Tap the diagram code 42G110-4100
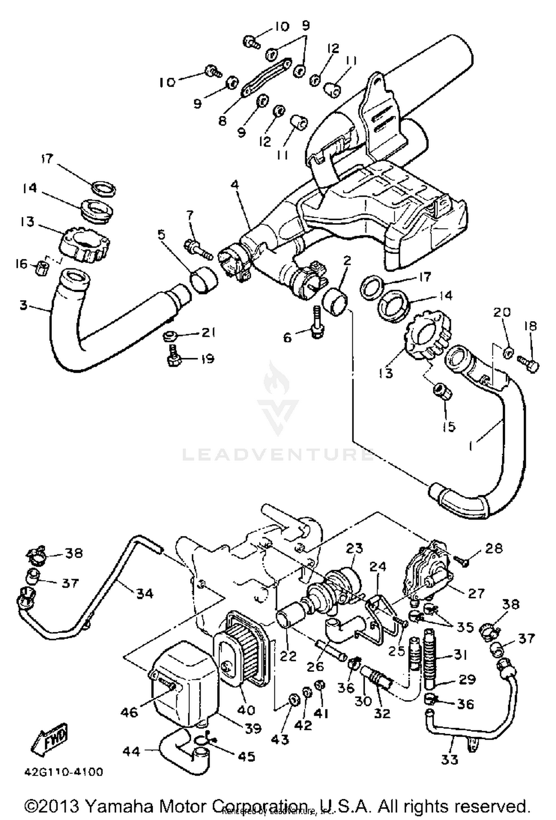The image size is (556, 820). [x=64, y=772]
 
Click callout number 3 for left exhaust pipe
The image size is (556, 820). [x=23, y=306]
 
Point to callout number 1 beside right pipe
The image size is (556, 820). [x=470, y=446]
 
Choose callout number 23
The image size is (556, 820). [x=354, y=549]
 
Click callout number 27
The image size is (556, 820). [x=476, y=594]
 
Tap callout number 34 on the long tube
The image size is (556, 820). [x=145, y=594]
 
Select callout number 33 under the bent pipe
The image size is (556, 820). [x=450, y=760]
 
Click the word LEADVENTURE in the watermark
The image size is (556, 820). [x=278, y=454]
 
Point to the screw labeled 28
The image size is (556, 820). [x=463, y=562]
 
